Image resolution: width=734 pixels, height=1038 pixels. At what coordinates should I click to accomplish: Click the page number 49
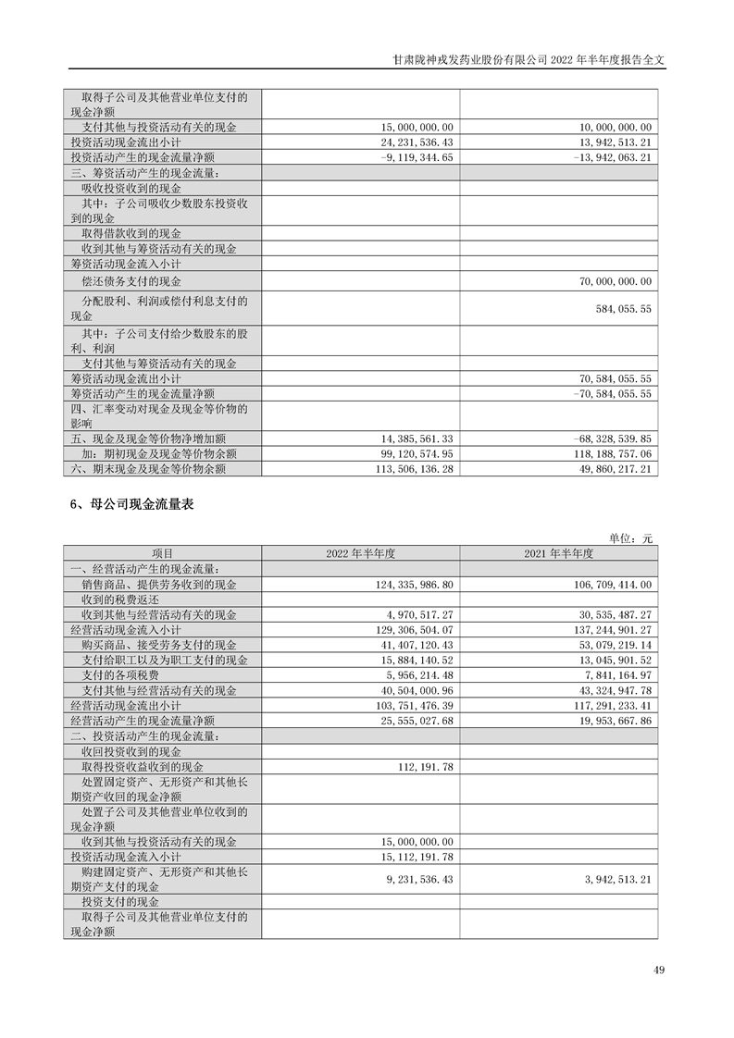pos(659,970)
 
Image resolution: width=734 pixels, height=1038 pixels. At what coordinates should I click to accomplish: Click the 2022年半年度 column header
pos(360,553)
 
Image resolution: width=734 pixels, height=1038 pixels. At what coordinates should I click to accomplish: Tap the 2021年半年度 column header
pos(558,553)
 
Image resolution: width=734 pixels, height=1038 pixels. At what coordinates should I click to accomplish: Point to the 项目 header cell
pos(162,553)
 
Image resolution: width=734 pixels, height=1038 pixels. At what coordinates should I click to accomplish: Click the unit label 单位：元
pos(630,538)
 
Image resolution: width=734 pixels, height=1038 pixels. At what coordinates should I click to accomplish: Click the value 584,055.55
pos(622,308)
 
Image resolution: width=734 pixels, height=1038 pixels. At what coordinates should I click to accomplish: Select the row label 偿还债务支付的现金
pos(131,281)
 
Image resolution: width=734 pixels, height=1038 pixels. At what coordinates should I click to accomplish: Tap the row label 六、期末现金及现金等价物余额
pos(148,469)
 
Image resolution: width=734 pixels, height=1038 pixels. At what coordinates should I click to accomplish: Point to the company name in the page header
pos(470,57)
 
